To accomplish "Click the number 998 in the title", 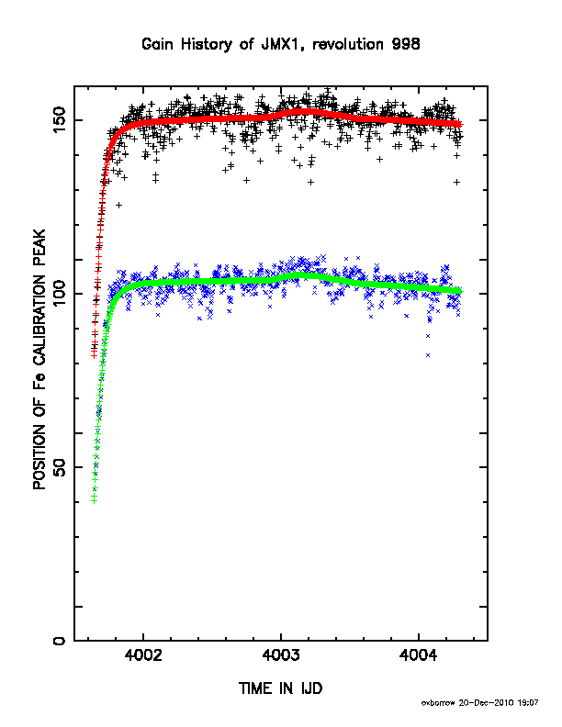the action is (x=406, y=44).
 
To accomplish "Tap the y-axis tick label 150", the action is (x=60, y=120).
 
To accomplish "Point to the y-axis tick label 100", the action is (x=60, y=294).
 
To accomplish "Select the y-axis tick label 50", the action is (x=60, y=467).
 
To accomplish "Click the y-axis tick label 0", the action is (x=60, y=641).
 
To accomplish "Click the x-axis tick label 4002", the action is (x=143, y=655).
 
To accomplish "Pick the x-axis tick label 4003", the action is (x=281, y=655).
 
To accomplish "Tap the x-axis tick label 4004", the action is (x=418, y=655).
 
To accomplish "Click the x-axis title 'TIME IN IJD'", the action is (x=280, y=688).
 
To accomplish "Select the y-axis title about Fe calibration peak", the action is (x=39, y=359).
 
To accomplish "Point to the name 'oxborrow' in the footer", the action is (x=439, y=703).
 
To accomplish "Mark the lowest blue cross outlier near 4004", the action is (x=428, y=355).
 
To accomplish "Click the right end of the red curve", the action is (x=460, y=124).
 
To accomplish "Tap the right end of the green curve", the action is (x=460, y=291).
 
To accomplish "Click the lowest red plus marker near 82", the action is (x=95, y=355).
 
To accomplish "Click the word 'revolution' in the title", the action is (x=348, y=44).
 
